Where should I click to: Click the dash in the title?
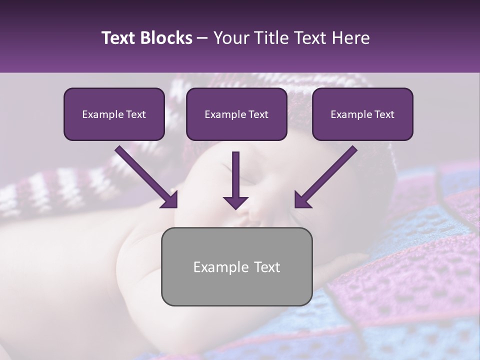(202, 38)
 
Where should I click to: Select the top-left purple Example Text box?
(114, 114)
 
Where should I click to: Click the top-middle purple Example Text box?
(236, 114)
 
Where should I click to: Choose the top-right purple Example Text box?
(362, 114)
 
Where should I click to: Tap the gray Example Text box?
(236, 266)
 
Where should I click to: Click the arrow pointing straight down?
(236, 180)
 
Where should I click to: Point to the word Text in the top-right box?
(384, 114)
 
